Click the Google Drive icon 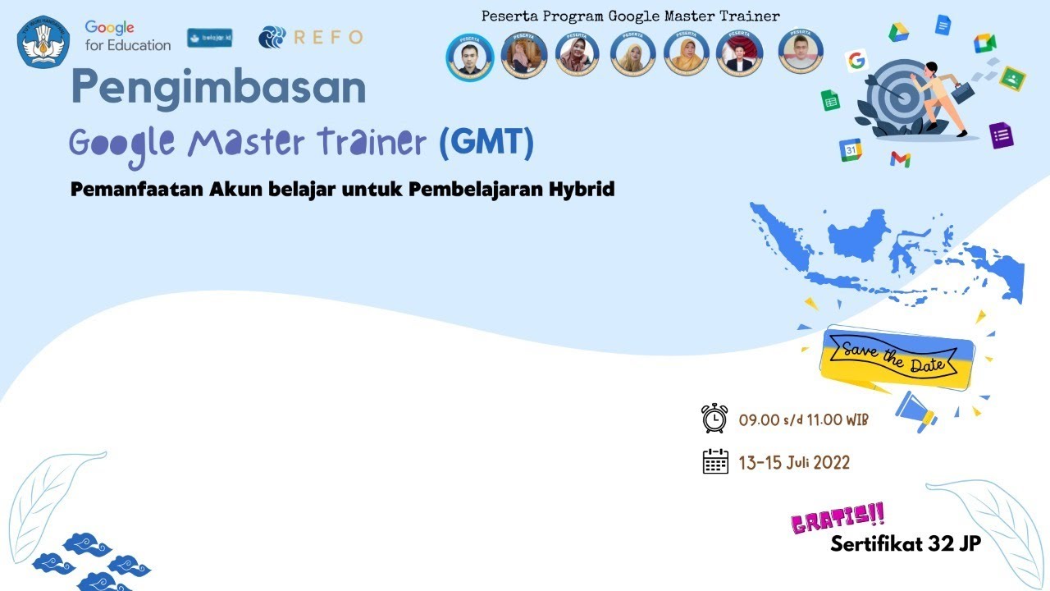point(899,32)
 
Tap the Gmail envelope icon point(900,158)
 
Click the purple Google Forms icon point(1002,135)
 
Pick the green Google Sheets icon point(830,100)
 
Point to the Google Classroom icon point(1013,78)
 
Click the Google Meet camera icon point(984,43)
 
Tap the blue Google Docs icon point(943,25)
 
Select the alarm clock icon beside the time point(714,419)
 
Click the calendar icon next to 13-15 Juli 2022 point(715,461)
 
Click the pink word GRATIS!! point(838,519)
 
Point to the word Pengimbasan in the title point(218,88)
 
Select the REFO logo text point(328,37)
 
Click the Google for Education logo point(127,37)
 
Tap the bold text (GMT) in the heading point(486,142)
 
